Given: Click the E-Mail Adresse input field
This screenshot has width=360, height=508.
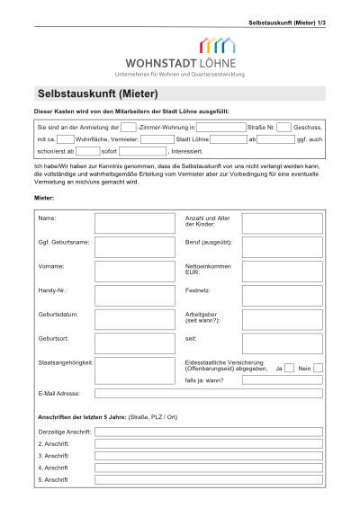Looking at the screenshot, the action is click(x=208, y=394).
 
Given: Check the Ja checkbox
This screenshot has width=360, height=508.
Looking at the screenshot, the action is click(x=289, y=368).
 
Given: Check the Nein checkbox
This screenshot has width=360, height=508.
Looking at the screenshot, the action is click(x=318, y=368).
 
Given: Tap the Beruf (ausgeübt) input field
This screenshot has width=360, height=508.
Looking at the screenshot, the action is click(x=282, y=247).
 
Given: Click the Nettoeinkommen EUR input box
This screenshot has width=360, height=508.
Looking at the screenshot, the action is click(x=282, y=272).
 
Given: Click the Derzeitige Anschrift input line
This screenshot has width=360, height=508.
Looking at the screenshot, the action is click(x=208, y=432).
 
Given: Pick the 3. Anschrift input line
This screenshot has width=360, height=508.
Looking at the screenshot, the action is click(x=208, y=456).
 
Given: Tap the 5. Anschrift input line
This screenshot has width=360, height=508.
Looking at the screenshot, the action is click(x=208, y=480).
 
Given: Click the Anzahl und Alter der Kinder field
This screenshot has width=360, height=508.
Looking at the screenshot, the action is click(x=282, y=223).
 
